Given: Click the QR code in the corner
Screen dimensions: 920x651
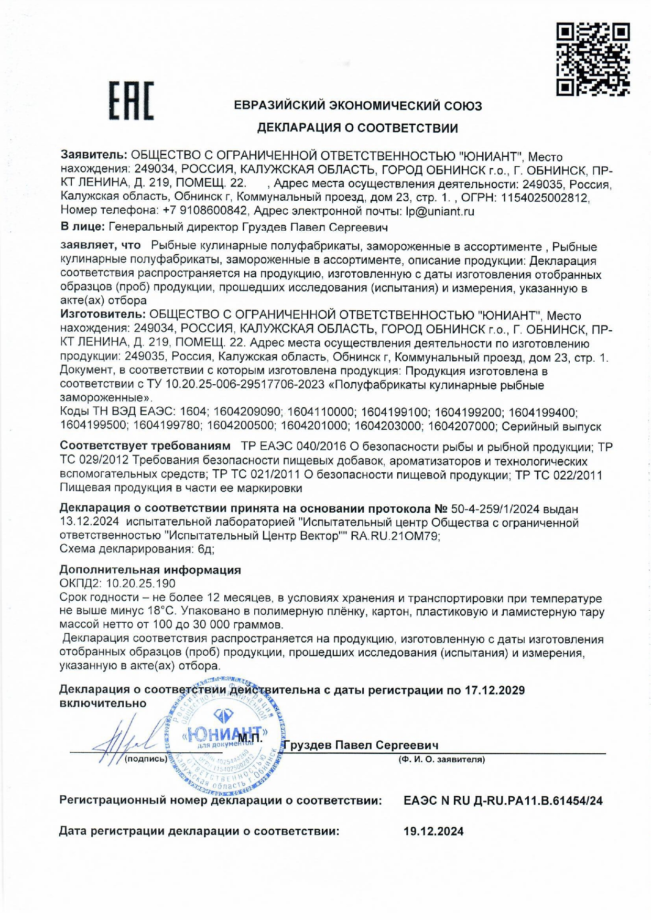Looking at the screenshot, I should pyautogui.click(x=593, y=59).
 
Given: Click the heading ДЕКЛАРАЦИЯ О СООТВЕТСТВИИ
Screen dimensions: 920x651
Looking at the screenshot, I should pyautogui.click(x=357, y=128).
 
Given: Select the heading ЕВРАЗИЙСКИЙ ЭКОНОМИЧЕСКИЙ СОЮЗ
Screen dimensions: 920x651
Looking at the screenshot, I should pyautogui.click(x=357, y=106).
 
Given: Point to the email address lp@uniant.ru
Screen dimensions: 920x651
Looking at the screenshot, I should pyautogui.click(x=440, y=211).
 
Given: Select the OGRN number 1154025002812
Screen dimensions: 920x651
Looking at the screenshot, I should pyautogui.click(x=545, y=198).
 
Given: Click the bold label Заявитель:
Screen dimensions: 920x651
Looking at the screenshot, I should pyautogui.click(x=94, y=156).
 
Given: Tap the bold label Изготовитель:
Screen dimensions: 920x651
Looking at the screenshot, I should pyautogui.click(x=103, y=315).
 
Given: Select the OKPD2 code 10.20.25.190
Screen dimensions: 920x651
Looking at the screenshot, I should pyautogui.click(x=140, y=583).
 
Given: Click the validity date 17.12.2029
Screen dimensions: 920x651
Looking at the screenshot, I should pyautogui.click(x=495, y=690).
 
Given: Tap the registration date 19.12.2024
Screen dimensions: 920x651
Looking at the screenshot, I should pyautogui.click(x=433, y=831).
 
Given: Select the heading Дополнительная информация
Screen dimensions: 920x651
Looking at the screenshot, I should pyautogui.click(x=150, y=570).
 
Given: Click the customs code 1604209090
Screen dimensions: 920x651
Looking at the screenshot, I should pyautogui.click(x=247, y=413).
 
